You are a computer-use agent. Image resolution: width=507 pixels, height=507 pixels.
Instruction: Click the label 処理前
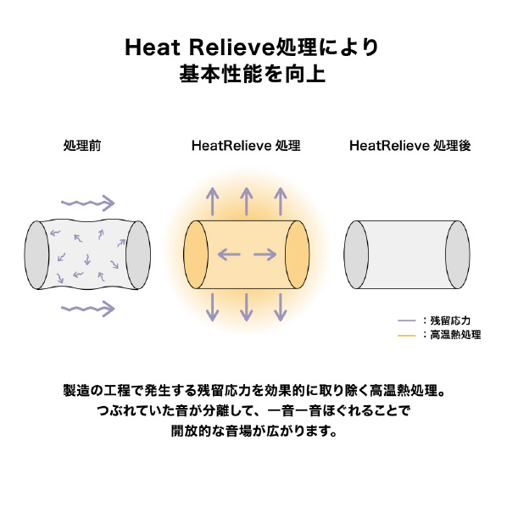click(x=82, y=146)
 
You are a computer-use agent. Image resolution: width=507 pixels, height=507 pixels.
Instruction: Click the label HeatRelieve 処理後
click(x=410, y=146)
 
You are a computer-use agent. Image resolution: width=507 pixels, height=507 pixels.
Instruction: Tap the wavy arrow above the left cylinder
click(x=88, y=203)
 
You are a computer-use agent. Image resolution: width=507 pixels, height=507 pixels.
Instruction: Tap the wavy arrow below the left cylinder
click(x=88, y=309)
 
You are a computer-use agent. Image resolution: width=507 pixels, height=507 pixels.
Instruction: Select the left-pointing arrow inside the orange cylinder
click(x=229, y=254)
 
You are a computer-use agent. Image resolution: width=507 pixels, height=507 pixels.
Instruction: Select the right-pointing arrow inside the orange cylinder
click(x=265, y=254)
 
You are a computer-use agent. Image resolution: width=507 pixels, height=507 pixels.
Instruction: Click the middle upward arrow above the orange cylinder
click(x=247, y=202)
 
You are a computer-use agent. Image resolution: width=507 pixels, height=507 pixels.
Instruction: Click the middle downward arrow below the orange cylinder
click(x=247, y=307)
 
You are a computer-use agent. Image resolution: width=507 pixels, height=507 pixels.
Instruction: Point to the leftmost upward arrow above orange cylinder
click(x=213, y=202)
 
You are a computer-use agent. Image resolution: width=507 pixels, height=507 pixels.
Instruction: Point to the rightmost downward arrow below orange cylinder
click(x=281, y=307)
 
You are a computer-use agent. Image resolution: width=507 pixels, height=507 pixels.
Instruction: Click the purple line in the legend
click(x=406, y=320)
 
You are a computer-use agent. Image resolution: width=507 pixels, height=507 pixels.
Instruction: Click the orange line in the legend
click(x=406, y=336)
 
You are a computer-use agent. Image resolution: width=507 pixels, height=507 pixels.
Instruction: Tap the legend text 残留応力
click(x=450, y=320)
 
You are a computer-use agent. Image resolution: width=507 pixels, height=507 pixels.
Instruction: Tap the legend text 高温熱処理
click(x=455, y=335)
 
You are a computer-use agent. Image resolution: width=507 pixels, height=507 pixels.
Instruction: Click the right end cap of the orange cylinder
click(x=297, y=254)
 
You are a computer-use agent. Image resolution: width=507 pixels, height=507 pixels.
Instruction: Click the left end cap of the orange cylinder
click(x=196, y=254)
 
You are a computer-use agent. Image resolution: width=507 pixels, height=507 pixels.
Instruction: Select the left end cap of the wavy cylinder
click(x=36, y=255)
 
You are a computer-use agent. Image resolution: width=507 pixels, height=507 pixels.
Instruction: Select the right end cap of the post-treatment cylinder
click(x=458, y=254)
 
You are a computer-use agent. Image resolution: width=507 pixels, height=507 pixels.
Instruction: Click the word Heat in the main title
click(x=153, y=47)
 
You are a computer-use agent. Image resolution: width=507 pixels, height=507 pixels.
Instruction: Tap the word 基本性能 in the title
click(x=220, y=74)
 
